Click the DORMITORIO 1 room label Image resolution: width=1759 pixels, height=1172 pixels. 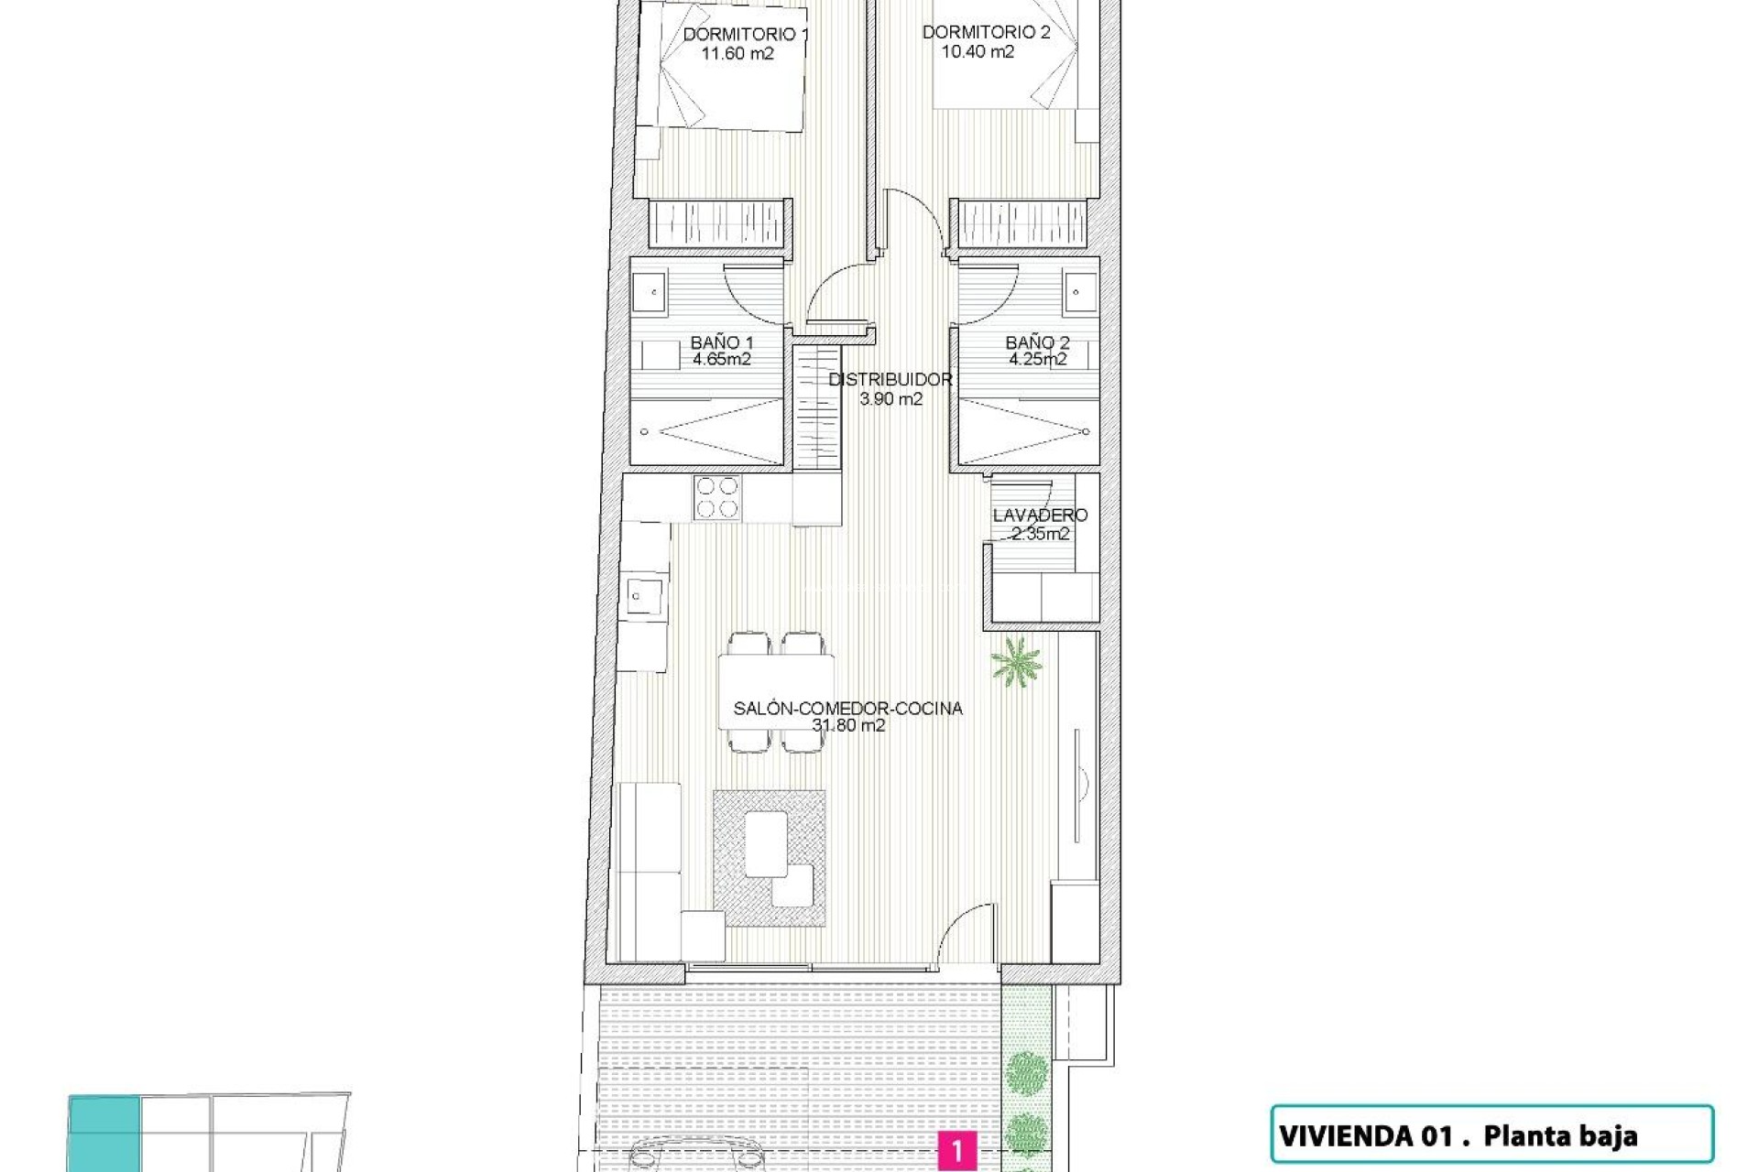click(745, 35)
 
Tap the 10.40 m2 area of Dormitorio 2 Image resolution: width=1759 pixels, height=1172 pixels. click(978, 52)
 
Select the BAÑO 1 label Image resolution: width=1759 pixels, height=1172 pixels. click(721, 343)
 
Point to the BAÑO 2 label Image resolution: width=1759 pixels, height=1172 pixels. click(1037, 343)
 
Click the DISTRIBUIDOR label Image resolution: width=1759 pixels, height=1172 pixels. click(890, 380)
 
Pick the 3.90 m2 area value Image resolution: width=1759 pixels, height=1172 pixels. click(890, 399)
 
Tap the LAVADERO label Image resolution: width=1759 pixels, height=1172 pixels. click(1040, 516)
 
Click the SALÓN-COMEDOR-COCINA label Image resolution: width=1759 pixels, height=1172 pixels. click(847, 708)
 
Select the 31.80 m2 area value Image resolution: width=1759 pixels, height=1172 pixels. click(848, 725)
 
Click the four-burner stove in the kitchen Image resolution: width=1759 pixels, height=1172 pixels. click(717, 498)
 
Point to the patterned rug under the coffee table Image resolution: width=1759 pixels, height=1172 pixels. click(770, 859)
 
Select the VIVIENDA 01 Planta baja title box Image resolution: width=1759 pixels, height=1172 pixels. click(1491, 1136)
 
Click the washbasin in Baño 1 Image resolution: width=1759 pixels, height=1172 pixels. click(655, 292)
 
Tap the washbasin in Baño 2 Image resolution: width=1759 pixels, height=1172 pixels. click(1077, 292)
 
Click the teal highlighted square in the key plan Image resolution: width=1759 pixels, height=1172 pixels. click(104, 1132)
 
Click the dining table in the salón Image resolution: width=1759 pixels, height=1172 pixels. click(777, 691)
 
